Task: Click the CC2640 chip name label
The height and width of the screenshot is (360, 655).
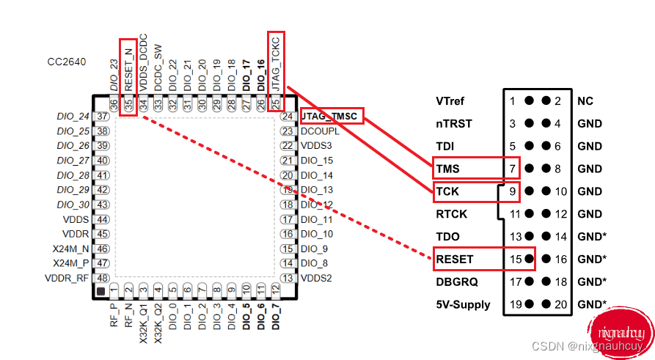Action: (67, 62)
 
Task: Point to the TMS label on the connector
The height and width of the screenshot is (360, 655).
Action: (447, 169)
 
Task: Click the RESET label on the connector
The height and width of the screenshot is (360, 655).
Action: (455, 259)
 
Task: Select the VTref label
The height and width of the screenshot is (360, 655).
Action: (450, 101)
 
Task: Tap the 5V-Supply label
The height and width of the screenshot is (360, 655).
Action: (463, 304)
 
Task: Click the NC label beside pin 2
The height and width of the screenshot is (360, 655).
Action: (585, 101)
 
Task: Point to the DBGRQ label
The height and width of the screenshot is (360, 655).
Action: (455, 282)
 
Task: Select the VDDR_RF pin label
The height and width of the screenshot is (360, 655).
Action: (67, 278)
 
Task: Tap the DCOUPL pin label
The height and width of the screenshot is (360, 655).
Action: (320, 131)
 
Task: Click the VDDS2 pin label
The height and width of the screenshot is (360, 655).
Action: (317, 278)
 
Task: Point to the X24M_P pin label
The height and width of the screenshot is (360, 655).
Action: (71, 263)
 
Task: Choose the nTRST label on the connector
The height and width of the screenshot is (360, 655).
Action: (452, 124)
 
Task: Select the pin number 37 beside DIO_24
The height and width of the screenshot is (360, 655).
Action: (103, 117)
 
